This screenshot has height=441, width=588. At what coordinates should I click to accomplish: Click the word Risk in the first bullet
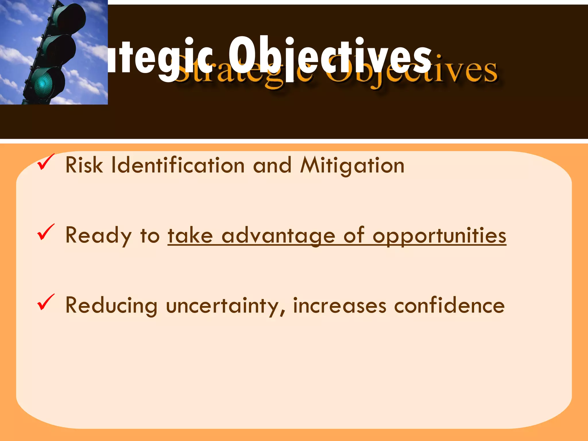click(x=84, y=165)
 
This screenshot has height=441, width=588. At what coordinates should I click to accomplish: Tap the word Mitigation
click(x=352, y=166)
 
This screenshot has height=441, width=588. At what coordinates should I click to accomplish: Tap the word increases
click(x=340, y=305)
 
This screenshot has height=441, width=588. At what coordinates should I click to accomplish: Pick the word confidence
click(x=449, y=305)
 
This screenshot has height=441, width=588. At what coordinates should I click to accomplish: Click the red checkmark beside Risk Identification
click(x=45, y=163)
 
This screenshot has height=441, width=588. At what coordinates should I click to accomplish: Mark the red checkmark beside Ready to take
click(x=45, y=232)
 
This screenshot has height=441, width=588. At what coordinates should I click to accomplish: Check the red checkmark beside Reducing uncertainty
click(x=45, y=302)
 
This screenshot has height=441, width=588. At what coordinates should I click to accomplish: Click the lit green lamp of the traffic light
click(x=44, y=84)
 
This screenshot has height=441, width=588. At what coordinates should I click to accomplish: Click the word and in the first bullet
click(x=272, y=166)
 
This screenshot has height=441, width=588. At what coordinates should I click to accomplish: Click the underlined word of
click(x=354, y=235)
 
